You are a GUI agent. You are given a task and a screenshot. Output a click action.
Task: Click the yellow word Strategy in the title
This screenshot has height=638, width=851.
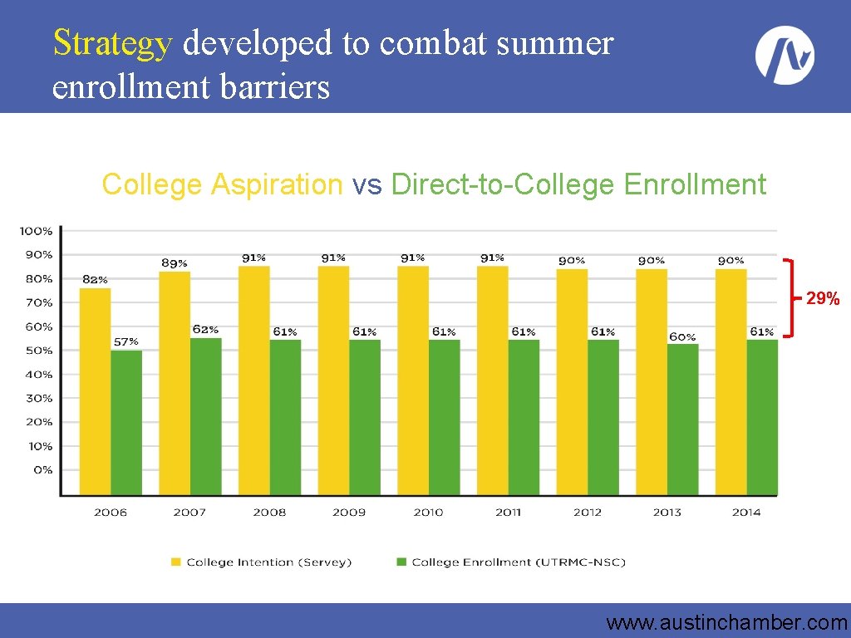[113, 43]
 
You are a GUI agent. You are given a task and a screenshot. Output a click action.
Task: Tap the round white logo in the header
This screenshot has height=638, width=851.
[785, 55]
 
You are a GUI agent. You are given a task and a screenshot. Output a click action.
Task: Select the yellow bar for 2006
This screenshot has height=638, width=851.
[95, 391]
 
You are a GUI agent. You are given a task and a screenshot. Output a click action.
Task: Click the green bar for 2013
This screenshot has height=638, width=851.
[683, 420]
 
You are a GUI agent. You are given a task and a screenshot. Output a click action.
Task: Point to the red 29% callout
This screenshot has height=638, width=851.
[823, 298]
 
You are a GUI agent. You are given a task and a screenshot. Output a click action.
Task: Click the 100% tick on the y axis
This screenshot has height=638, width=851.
[37, 231]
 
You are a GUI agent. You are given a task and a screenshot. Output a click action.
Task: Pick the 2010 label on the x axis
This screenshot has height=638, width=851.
[428, 512]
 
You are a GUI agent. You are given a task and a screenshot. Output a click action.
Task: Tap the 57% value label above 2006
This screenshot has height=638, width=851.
[126, 341]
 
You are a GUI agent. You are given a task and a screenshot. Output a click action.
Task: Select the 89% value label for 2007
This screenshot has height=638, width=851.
[175, 263]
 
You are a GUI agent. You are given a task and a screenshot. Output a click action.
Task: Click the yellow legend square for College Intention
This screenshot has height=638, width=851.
[176, 562]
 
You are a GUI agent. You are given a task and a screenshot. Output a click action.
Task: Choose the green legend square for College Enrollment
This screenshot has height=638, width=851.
[401, 562]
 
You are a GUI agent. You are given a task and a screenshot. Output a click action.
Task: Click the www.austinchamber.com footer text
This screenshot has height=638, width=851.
[726, 623]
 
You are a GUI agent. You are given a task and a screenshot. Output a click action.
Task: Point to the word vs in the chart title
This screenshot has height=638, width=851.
[366, 185]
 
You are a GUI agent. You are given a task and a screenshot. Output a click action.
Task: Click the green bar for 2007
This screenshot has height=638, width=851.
[206, 417]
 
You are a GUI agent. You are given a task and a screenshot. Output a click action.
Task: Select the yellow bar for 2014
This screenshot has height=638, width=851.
[731, 382]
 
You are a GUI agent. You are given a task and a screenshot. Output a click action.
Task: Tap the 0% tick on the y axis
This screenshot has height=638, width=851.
[43, 470]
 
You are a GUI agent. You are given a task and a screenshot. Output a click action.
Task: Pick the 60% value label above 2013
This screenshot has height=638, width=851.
[682, 337]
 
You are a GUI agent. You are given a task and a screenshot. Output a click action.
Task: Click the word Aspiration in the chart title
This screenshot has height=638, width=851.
[277, 185]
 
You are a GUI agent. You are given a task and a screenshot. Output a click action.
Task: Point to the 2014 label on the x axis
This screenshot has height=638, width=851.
[746, 512]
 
